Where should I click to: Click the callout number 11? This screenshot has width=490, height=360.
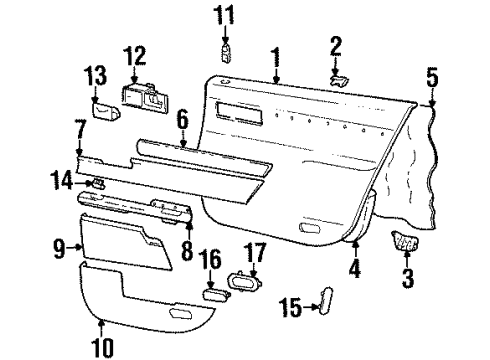coord(226,15)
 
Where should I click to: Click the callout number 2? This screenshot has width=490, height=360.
coord(337,44)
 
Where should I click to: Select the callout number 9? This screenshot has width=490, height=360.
coord(59,245)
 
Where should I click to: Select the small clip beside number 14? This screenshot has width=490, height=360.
coord(101,182)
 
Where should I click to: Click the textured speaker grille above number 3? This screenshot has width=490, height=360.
coord(404,241)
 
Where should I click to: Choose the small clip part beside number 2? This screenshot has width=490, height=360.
coord(340,79)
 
